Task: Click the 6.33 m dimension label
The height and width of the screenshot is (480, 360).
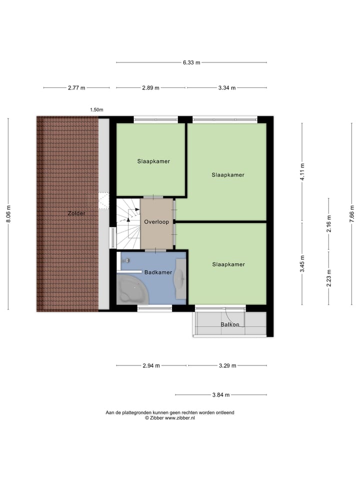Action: [191, 62]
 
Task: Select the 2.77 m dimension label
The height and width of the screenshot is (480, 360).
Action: [76, 87]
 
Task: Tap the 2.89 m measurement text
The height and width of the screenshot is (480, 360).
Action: [150, 87]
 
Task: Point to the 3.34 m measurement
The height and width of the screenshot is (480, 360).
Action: [226, 87]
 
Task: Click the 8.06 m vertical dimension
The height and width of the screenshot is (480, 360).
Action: [8, 214]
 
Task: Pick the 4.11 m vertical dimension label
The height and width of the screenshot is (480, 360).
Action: [302, 171]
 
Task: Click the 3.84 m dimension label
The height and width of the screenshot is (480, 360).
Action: [220, 394]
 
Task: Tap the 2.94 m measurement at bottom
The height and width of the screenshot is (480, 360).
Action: [151, 365]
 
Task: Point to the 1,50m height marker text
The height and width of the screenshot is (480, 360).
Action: [96, 109]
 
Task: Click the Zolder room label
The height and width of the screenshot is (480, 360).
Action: [76, 213]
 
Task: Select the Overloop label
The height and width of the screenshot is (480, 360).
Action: [156, 221]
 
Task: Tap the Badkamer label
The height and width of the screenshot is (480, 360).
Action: [158, 272]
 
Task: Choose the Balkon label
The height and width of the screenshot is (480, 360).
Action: [230, 324]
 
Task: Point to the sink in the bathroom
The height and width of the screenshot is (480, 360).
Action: [180, 278]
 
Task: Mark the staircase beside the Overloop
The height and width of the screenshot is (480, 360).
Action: [128, 223]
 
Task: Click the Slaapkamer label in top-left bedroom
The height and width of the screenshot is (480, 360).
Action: [153, 161]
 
